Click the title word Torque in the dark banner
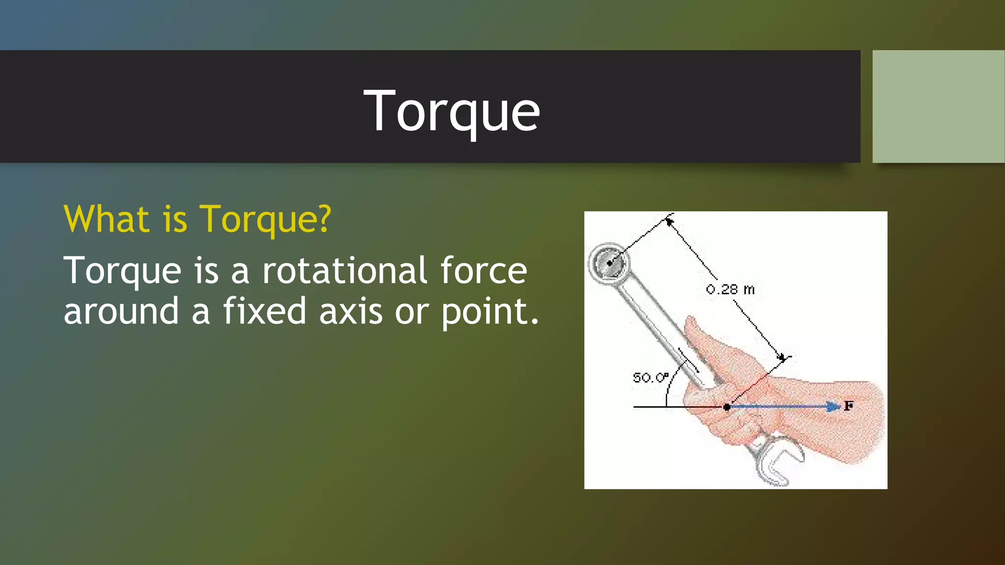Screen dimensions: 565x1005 451,112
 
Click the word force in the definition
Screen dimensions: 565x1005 483,270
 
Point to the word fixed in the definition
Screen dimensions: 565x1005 265,311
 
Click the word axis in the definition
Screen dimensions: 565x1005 350,311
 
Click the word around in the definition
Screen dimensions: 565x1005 121,311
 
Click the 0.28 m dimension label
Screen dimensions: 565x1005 730,289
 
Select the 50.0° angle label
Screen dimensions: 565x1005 650,378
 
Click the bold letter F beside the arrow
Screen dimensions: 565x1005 848,406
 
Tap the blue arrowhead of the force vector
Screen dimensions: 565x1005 832,407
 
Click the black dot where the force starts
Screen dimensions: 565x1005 727,407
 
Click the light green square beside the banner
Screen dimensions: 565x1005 938,106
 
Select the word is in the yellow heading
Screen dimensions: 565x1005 175,219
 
